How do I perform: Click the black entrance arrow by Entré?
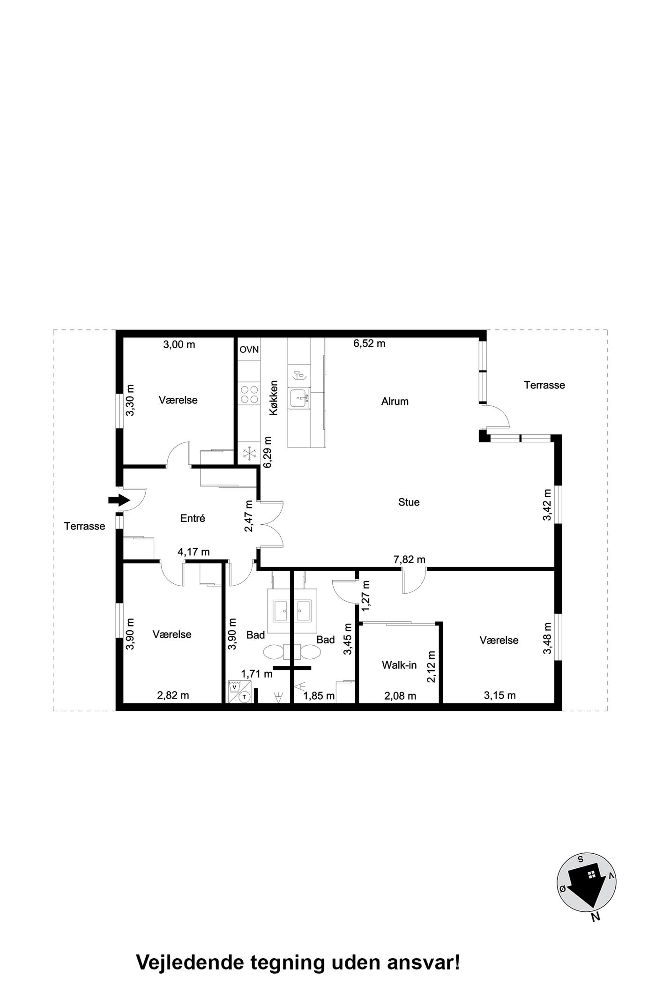click(119, 500)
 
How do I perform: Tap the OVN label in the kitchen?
click(249, 350)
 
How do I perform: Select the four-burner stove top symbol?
click(249, 394)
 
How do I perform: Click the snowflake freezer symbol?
click(249, 453)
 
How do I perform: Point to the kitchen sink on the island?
click(299, 398)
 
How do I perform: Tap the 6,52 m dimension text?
click(369, 343)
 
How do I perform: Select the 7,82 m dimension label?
click(410, 559)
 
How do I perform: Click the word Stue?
click(409, 502)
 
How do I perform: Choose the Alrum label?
click(395, 401)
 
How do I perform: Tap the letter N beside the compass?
click(596, 917)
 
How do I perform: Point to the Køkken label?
click(274, 397)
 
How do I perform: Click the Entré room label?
click(193, 518)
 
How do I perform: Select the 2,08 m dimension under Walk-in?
click(400, 696)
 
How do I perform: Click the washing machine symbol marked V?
click(234, 687)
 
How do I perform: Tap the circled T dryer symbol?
click(244, 697)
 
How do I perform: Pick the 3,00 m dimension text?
click(179, 345)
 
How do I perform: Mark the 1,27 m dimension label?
click(366, 596)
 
